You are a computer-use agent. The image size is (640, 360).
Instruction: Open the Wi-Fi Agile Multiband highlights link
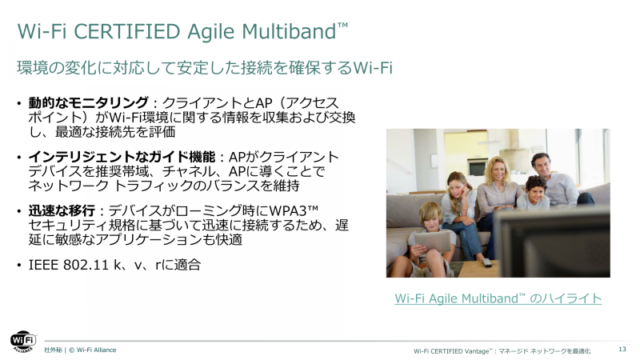point(498,298)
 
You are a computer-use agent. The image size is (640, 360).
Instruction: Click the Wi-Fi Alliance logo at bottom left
point(22,341)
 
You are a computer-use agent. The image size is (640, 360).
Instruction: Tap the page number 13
point(622,350)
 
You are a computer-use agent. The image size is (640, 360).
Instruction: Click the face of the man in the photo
point(542,166)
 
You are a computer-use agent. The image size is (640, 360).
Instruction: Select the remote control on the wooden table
point(486,262)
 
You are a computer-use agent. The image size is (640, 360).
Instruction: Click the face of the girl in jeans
point(457,186)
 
